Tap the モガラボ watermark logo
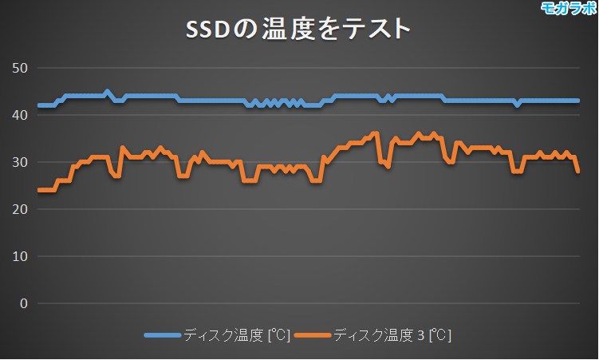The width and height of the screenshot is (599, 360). click(568, 9)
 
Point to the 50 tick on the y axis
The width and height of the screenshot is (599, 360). click(20, 68)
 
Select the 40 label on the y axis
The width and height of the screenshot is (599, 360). click(20, 115)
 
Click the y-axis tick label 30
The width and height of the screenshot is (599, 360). click(20, 162)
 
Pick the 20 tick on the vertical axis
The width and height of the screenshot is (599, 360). click(20, 209)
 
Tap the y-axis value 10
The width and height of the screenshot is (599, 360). click(20, 256)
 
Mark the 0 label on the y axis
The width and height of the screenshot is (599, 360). click(23, 303)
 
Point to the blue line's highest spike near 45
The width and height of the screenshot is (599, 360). click(107, 92)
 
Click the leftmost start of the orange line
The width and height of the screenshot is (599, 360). click(39, 190)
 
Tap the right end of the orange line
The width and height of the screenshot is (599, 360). click(577, 171)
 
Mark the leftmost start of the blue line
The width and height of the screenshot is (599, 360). click(39, 105)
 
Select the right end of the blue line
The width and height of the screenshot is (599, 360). click(577, 101)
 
